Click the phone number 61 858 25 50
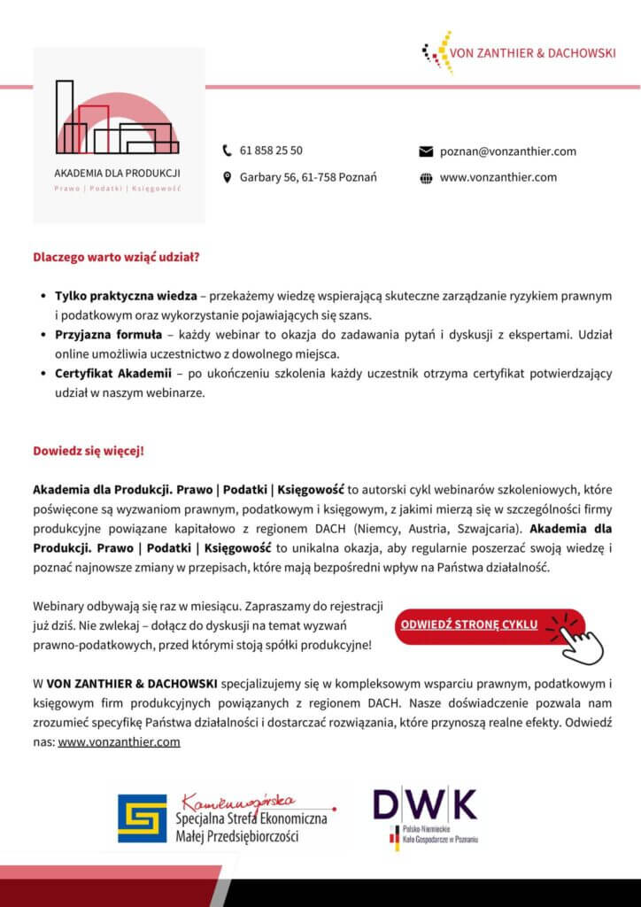[271, 151]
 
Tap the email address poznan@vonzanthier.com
[508, 151]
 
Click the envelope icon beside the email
[425, 151]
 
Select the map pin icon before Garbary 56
[227, 178]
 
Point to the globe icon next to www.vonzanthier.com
[425, 178]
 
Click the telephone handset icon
[227, 151]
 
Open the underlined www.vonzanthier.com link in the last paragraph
[119, 742]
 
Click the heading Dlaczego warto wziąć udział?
[116, 259]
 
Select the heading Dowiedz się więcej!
[89, 450]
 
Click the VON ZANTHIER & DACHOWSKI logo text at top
[532, 53]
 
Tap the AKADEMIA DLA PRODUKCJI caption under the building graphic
[118, 171]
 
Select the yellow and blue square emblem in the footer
[142, 818]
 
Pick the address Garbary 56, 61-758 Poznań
[308, 178]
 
